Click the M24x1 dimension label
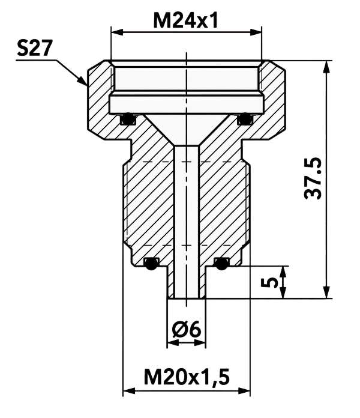coord(185,21)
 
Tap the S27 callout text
coord(34,48)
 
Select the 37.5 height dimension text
coord(313,178)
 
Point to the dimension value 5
coord(270,283)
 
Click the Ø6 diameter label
coord(187,330)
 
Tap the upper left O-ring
coord(128,119)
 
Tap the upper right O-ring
coord(245,119)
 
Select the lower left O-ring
coord(151,264)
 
